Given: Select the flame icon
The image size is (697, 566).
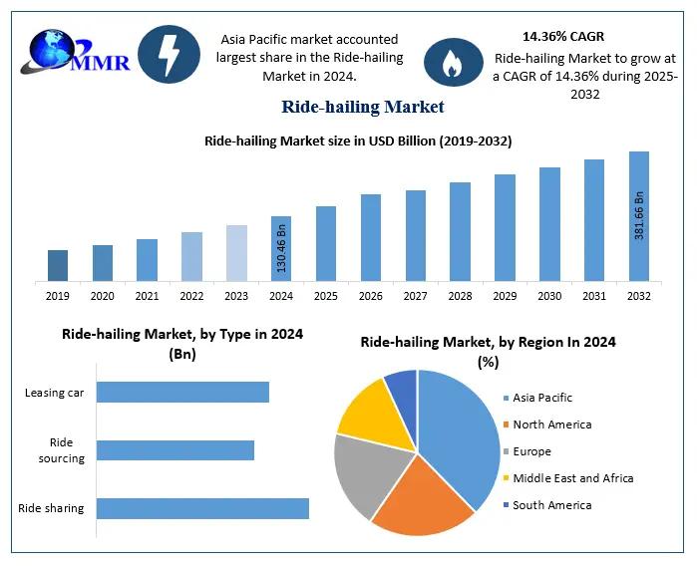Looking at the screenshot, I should click(453, 63).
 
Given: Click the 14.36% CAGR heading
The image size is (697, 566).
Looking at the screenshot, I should click(562, 36).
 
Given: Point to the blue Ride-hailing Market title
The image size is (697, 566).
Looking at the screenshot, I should click(362, 106).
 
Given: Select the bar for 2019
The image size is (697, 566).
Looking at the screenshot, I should click(58, 265).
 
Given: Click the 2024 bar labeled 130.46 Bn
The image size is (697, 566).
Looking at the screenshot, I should click(281, 248).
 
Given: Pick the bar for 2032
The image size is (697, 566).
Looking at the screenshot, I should click(639, 216).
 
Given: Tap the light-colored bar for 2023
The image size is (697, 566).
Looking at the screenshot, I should click(236, 252).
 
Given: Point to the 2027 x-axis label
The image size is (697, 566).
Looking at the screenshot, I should click(415, 296).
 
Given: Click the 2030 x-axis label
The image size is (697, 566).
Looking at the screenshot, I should click(549, 296).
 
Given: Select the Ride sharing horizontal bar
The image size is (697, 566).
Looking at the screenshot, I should click(202, 508).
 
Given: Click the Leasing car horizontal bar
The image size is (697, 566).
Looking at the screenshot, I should click(182, 392).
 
